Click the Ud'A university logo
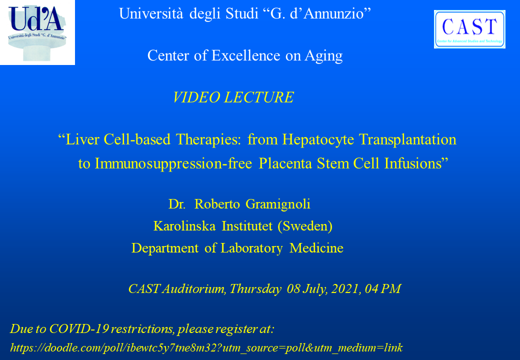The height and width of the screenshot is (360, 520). [37, 32]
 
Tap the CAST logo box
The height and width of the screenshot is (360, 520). [469, 29]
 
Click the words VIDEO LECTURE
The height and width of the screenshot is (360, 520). [233, 97]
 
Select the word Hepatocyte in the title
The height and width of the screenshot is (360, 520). [318, 139]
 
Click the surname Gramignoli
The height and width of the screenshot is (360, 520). [278, 204]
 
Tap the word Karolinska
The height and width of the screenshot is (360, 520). [184, 226]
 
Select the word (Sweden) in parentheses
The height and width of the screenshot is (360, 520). [305, 226]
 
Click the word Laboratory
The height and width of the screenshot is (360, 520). [251, 248]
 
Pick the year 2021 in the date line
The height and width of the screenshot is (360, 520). [345, 288]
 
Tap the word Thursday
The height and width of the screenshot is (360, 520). [255, 289]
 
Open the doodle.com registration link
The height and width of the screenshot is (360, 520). [206, 347]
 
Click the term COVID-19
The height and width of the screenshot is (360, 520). [79, 329]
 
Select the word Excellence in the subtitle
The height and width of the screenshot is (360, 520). [245, 55]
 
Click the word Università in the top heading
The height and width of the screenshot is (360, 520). [151, 13]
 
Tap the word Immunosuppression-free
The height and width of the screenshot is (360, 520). [173, 164]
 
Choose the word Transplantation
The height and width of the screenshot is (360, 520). [407, 139]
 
